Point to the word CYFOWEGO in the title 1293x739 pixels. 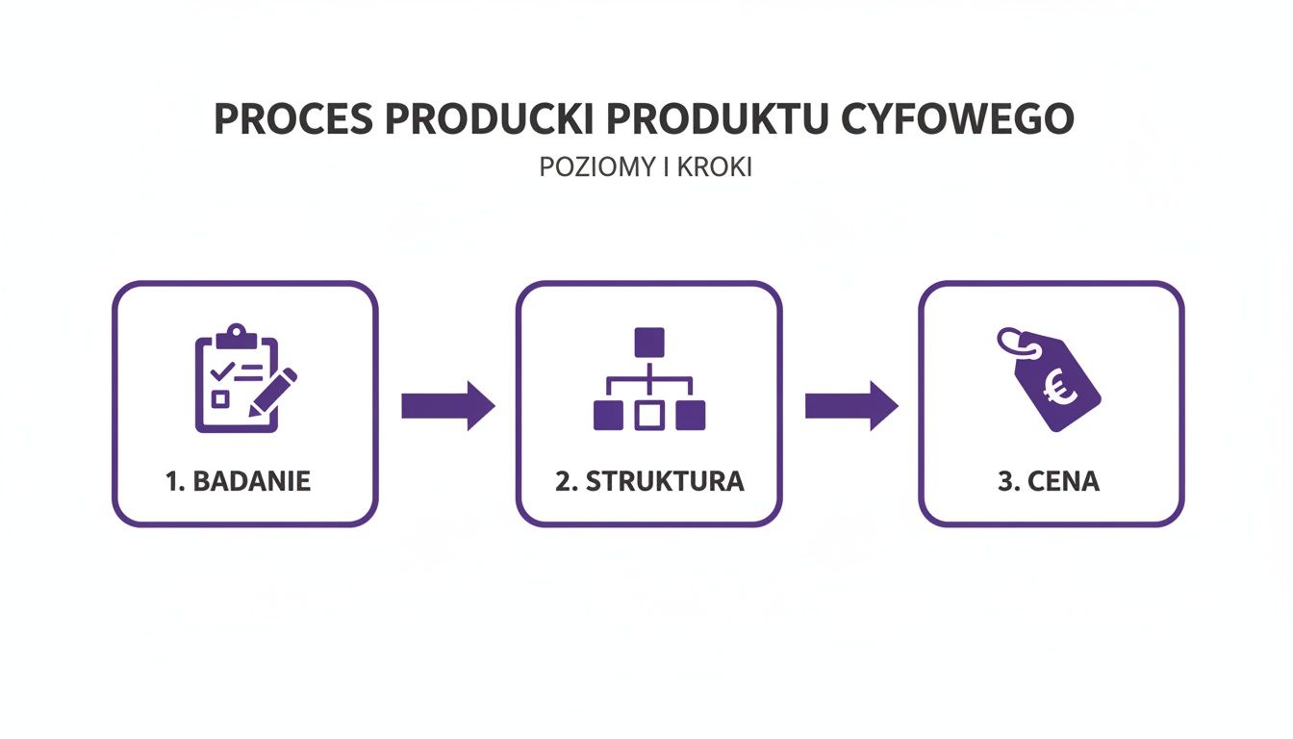(x=956, y=118)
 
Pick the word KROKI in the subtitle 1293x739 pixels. (x=716, y=166)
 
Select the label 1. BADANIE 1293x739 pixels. (x=239, y=481)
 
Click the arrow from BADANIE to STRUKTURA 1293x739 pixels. (x=447, y=406)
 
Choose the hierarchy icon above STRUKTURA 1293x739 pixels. (x=649, y=379)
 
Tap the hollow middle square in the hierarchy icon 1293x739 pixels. (x=649, y=415)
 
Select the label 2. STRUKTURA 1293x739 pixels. (x=649, y=481)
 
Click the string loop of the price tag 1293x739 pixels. (x=1011, y=340)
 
